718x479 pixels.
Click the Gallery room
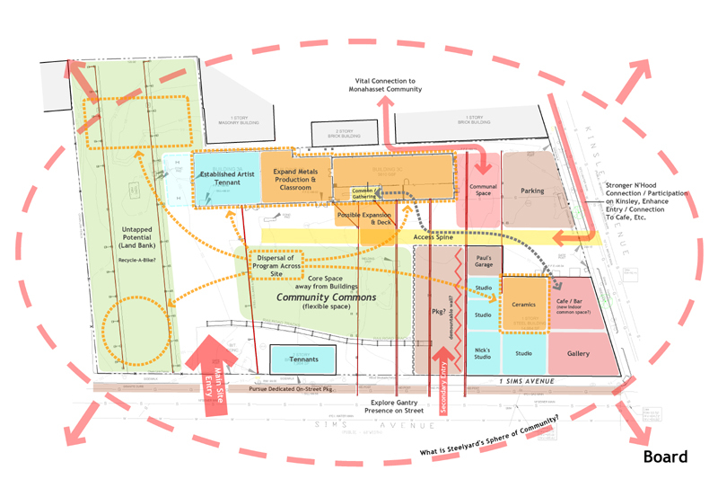(x=578, y=353)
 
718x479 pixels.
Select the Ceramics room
(x=523, y=305)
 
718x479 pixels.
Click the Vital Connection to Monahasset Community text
(x=388, y=85)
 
